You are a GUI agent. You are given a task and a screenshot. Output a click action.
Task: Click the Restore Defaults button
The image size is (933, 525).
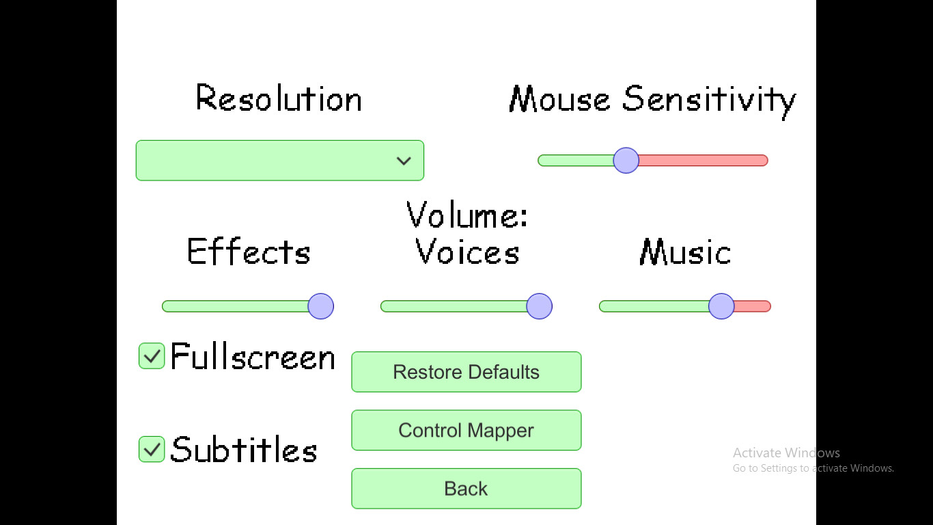click(x=466, y=372)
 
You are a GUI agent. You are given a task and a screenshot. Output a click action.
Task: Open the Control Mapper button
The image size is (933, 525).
click(x=466, y=431)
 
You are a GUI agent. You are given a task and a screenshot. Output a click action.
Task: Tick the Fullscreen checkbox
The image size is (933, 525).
click(x=152, y=356)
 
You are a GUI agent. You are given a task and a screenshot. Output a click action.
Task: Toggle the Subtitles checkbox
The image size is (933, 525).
click(x=152, y=449)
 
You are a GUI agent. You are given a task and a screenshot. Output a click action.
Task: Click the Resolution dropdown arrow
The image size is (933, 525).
click(x=404, y=161)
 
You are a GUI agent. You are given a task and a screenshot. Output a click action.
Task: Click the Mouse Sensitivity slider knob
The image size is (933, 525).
click(x=626, y=161)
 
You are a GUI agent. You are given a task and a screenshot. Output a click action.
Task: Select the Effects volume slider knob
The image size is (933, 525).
click(x=320, y=306)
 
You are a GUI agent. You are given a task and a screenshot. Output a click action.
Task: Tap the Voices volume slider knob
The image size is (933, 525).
click(x=539, y=306)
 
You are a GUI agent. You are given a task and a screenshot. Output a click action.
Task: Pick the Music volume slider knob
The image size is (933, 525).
click(x=721, y=306)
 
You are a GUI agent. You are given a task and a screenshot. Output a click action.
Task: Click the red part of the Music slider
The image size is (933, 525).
click(x=753, y=306)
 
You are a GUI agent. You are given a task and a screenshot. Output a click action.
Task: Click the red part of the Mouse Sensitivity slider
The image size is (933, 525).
click(x=704, y=161)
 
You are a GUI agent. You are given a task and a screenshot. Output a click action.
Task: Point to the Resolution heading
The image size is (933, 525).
click(x=279, y=99)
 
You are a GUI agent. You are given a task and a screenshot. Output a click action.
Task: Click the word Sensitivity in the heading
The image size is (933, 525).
click(x=709, y=100)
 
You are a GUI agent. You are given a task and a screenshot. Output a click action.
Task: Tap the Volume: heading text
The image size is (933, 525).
click(x=467, y=215)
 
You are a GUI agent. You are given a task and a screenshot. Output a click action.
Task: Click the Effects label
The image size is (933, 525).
click(x=249, y=252)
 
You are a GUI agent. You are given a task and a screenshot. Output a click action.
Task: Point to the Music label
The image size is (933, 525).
click(x=685, y=252)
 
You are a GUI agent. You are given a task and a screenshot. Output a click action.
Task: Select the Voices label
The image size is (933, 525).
click(x=467, y=252)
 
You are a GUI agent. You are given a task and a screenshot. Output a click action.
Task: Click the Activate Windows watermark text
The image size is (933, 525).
click(x=786, y=453)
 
